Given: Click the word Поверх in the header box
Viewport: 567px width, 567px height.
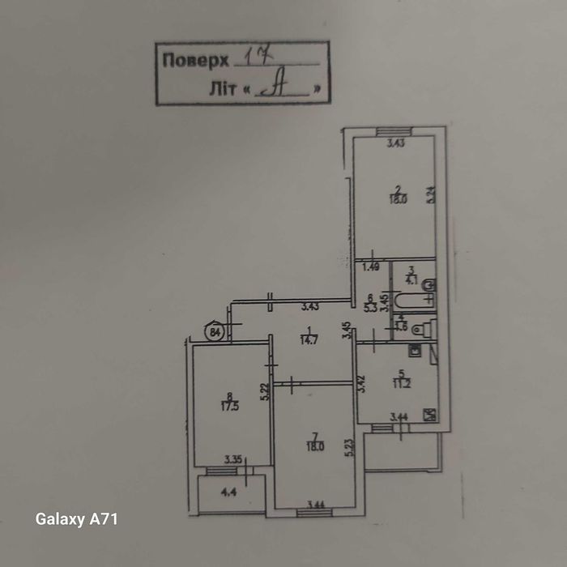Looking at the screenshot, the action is pyautogui.click(x=194, y=60).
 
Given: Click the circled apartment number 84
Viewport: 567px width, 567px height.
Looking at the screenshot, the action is pyautogui.click(x=215, y=331).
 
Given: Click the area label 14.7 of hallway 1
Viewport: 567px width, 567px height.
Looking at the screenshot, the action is pyautogui.click(x=305, y=339).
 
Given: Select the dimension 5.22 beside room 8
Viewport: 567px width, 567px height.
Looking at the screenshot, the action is pyautogui.click(x=265, y=391).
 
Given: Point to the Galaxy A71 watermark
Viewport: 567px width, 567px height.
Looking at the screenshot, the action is pyautogui.click(x=77, y=519).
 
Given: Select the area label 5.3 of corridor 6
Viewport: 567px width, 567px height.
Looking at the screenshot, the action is pyautogui.click(x=371, y=309).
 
